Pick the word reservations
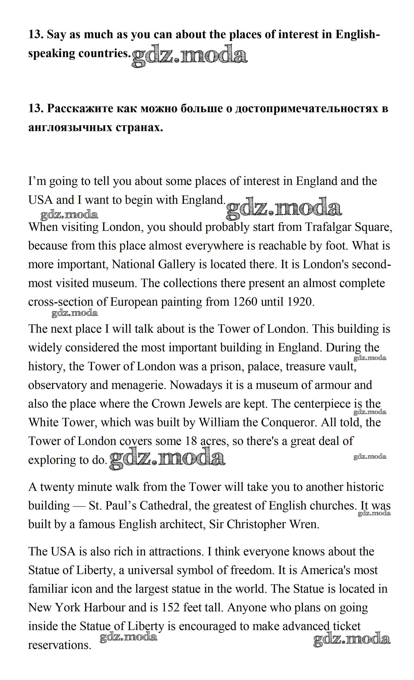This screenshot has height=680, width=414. pyautogui.click(x=59, y=645)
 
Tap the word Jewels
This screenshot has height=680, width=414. pyautogui.click(x=205, y=404)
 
